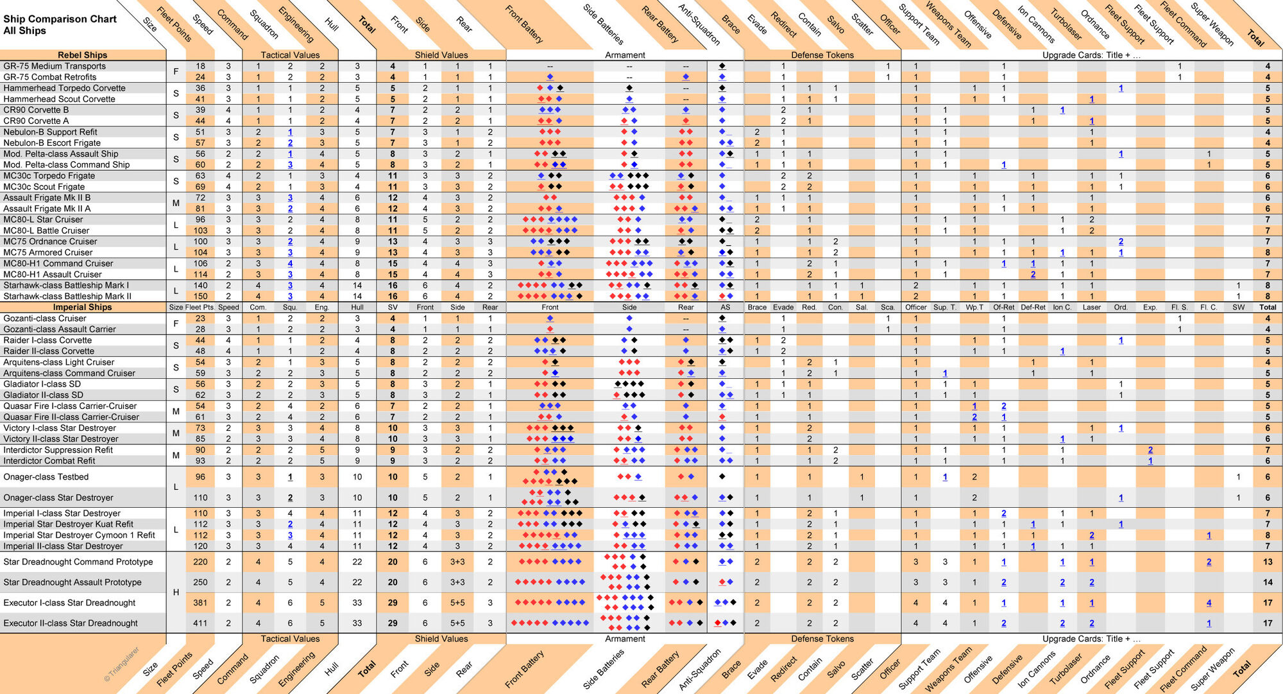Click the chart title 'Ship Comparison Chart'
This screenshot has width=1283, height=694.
pyautogui.click(x=60, y=19)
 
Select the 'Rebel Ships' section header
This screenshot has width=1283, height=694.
pyautogui.click(x=82, y=55)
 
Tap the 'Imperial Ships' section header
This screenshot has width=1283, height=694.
pyautogui.click(x=82, y=308)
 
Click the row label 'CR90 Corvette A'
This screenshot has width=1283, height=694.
pyautogui.click(x=36, y=121)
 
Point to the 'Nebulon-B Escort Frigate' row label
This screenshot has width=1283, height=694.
pyautogui.click(x=52, y=143)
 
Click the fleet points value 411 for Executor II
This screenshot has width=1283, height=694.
pyautogui.click(x=201, y=623)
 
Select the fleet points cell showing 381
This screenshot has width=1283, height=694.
pyautogui.click(x=201, y=603)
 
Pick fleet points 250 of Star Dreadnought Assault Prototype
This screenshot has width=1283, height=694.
pyautogui.click(x=201, y=582)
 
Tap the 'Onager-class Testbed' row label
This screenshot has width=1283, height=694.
pyautogui.click(x=46, y=477)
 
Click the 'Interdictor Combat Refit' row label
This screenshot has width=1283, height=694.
pyautogui.click(x=49, y=461)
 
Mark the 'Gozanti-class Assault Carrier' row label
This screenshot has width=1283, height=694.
pyautogui.click(x=60, y=329)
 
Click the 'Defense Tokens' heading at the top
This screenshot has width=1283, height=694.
pyautogui.click(x=822, y=55)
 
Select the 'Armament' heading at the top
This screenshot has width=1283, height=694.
pyautogui.click(x=625, y=55)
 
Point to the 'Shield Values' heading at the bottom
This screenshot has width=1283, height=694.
pyautogui.click(x=441, y=639)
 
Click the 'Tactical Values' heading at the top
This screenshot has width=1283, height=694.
pyautogui.click(x=290, y=55)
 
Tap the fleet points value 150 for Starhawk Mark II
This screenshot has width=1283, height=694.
pyautogui.click(x=201, y=297)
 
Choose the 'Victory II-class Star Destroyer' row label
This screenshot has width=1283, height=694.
pyautogui.click(x=61, y=439)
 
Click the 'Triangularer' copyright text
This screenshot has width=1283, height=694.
pyautogui.click(x=122, y=664)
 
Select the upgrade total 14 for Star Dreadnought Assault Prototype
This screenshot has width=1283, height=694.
pyautogui.click(x=1268, y=582)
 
